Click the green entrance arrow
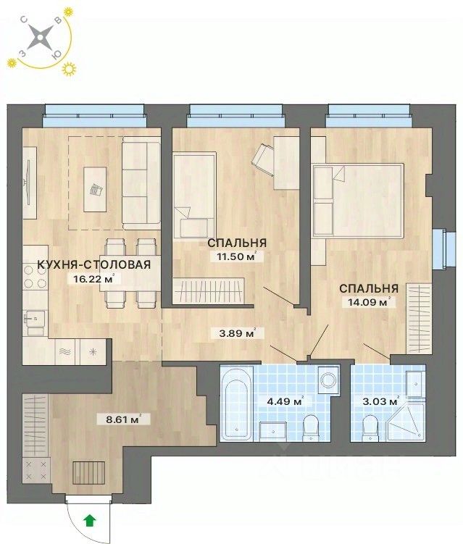tap(89, 519)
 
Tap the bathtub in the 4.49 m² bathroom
tap(236, 403)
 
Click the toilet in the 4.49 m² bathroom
tap(310, 427)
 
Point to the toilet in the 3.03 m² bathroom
tap(370, 428)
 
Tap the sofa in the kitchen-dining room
tap(141, 183)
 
